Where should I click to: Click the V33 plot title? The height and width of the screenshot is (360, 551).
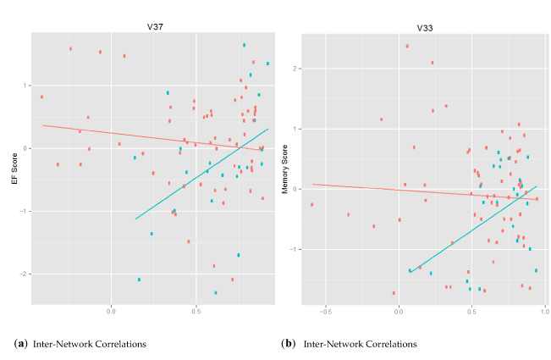tap(424, 28)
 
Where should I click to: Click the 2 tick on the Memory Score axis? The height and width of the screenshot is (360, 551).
tap(297, 68)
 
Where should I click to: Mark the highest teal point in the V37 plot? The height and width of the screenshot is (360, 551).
tap(244, 45)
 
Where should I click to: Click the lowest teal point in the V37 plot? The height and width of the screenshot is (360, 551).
tap(216, 292)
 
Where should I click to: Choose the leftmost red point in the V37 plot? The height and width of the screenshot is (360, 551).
tap(41, 97)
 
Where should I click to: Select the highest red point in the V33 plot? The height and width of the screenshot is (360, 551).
tap(407, 46)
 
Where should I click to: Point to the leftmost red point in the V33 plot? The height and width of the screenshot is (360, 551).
tap(311, 204)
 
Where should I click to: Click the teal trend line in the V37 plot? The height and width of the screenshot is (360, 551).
tap(203, 174)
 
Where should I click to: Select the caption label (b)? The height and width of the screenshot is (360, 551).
tap(286, 344)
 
